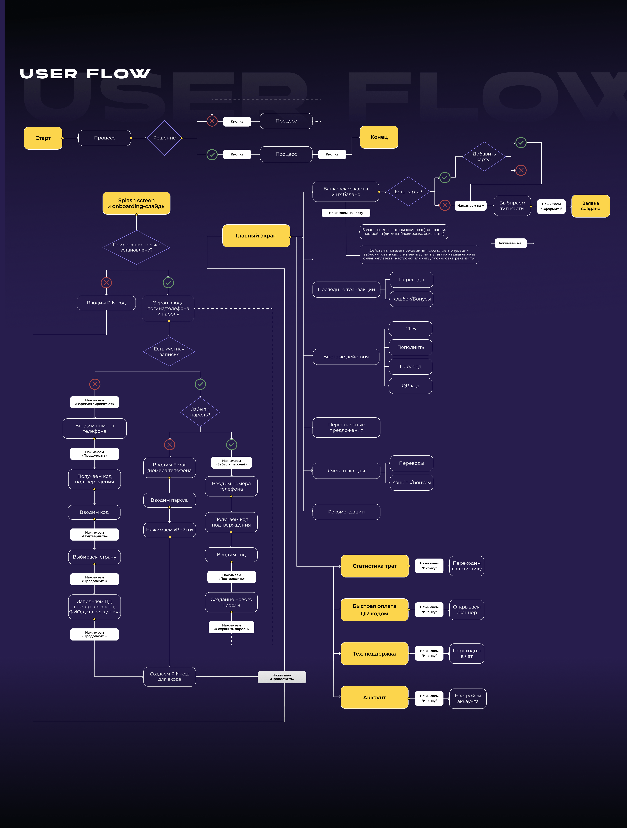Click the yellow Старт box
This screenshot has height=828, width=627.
pos(43,138)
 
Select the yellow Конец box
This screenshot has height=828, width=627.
pos(379,137)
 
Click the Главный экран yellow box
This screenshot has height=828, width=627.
pos(256,236)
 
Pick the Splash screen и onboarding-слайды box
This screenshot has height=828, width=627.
pos(136,203)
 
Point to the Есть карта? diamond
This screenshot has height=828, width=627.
pos(408,192)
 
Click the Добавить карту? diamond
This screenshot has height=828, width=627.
pos(484,156)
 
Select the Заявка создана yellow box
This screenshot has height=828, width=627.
pos(590,206)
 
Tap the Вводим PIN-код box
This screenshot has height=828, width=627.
pos(106,303)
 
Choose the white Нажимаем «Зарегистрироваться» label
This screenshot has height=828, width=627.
pos(94,402)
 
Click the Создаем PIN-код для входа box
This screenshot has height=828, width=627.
pos(170,676)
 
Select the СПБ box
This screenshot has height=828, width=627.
pos(410,329)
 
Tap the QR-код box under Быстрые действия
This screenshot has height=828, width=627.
pos(410,386)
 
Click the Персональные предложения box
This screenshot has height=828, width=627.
pos(346,428)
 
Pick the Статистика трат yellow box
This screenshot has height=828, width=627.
pos(374,566)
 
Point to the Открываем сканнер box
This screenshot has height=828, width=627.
pos(466,610)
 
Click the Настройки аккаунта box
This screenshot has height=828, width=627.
pos(467,698)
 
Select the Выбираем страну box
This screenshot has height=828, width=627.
pos(94,557)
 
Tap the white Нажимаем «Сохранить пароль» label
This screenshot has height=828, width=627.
pos(231,627)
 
